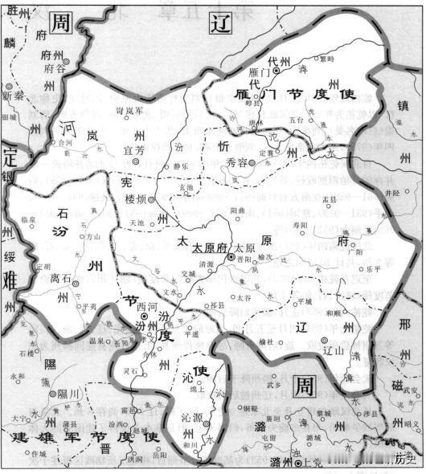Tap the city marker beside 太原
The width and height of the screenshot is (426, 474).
pyautogui.click(x=231, y=257)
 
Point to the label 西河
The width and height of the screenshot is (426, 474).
pyautogui.click(x=146, y=306)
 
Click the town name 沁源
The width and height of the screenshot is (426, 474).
pyautogui.click(x=190, y=418)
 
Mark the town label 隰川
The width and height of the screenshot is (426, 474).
pyautogui.click(x=70, y=394)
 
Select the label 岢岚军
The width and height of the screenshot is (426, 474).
pyautogui.click(x=130, y=109)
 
